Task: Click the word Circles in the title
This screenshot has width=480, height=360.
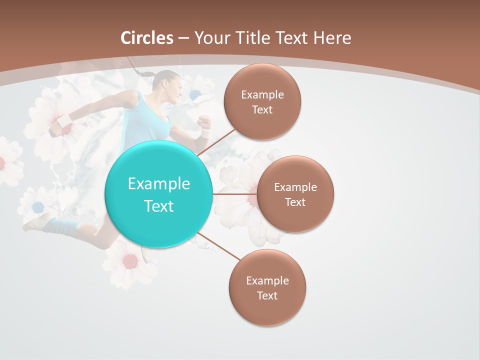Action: point(147,37)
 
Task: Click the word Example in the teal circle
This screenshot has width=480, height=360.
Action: point(158,183)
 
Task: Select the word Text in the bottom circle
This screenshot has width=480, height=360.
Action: point(267,295)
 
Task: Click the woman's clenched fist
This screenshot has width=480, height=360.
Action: point(203,121)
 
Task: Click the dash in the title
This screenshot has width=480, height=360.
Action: point(183,38)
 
